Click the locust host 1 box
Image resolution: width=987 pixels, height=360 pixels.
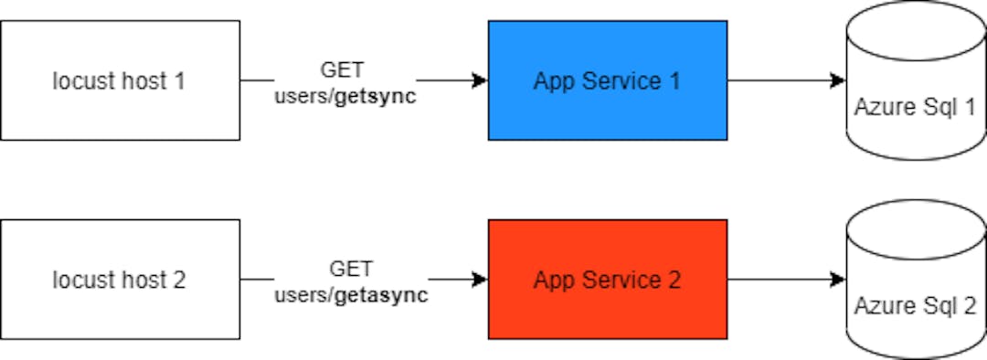[120, 80]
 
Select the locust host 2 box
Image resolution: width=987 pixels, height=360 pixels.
[120, 279]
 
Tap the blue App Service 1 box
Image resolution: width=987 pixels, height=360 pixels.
[607, 80]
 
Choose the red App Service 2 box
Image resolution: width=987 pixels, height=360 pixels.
[607, 279]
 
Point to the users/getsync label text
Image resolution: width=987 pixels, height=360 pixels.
[345, 97]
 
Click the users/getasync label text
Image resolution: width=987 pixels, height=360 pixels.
[351, 295]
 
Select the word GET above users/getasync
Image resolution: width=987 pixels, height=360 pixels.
[351, 269]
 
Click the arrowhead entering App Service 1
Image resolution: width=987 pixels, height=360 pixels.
[480, 80]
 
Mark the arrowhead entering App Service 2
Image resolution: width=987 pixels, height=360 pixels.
[480, 279]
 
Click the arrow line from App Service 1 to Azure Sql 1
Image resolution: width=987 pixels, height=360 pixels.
[777, 80]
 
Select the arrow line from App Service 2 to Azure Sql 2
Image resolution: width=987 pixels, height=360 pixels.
[777, 279]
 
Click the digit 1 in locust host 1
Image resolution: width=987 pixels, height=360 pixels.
[179, 80]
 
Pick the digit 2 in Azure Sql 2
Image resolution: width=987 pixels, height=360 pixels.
[970, 306]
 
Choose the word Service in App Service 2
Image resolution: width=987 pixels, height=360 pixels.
[621, 280]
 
